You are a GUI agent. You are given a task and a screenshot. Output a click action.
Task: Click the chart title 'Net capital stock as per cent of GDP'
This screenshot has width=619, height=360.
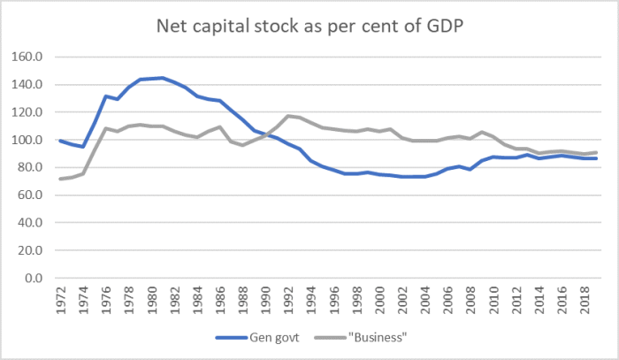[x=309, y=25]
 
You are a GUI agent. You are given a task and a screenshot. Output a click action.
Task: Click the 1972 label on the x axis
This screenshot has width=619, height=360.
[x=60, y=299]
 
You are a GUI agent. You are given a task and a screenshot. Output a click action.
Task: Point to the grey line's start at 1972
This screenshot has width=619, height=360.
[x=60, y=180]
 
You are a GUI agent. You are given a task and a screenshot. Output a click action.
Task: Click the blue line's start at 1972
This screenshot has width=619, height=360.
[x=60, y=141]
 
